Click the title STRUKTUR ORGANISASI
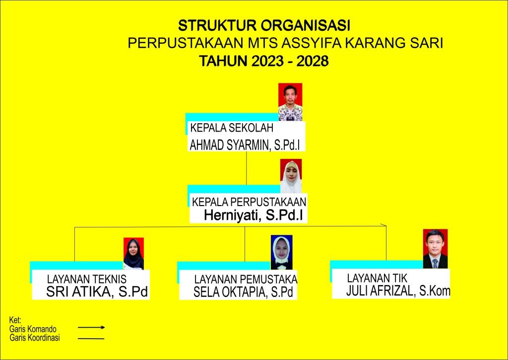(x=264, y=26)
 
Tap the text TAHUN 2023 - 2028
(x=264, y=61)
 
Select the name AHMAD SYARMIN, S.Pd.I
(x=245, y=145)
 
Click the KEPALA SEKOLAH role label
(x=232, y=128)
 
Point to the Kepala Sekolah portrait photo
(x=290, y=102)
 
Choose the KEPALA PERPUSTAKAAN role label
(x=249, y=202)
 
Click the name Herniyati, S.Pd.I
(x=254, y=215)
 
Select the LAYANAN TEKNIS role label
(x=86, y=279)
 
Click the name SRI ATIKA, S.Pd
(x=97, y=291)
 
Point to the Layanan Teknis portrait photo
(x=133, y=254)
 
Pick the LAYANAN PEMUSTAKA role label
(x=246, y=279)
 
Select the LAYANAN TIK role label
(x=377, y=278)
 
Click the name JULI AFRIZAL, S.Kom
(x=398, y=290)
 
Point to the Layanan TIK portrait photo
(x=435, y=249)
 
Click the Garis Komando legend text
(x=33, y=329)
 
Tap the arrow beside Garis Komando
(x=91, y=328)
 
